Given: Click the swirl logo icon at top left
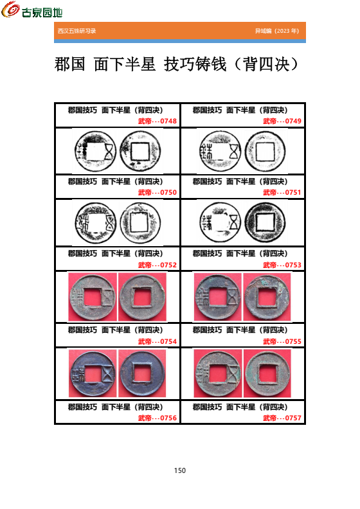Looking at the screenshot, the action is pos(10,9).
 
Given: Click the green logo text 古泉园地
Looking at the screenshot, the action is pos(42,13).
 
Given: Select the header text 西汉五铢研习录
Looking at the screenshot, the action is pos(77,31).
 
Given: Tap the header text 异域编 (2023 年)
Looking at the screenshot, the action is pos(277,31).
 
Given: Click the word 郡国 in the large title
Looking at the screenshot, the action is pos(70,64).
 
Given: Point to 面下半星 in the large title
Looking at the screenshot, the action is pos(125,64).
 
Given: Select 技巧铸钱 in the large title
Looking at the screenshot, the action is pos(195,64).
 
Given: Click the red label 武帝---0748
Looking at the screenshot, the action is pos(157,121).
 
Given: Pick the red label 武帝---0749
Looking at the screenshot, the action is pos(282,121).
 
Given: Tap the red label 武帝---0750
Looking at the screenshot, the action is pos(157,193).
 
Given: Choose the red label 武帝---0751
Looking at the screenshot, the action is pos(282,193).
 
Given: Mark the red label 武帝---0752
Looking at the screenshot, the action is pos(157,265).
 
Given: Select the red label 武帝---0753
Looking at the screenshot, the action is pos(282,265).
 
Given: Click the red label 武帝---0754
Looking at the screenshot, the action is pos(157,341).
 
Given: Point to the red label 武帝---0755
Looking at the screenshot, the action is pos(282,341).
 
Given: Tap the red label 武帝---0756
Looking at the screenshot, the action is pos(157,418).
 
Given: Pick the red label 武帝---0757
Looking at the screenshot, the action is pos(282,418).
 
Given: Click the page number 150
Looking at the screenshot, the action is pos(180,470).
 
